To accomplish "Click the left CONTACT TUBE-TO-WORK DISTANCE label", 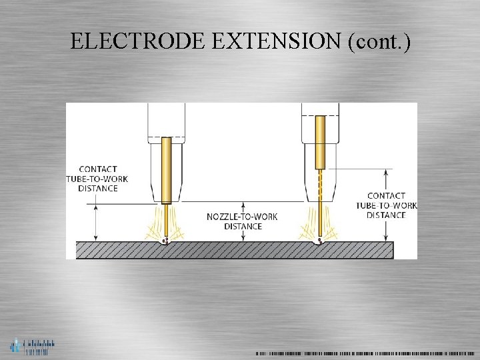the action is (x=97, y=179).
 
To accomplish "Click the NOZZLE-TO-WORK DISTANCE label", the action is (x=242, y=221).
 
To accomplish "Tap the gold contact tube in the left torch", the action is (x=167, y=170).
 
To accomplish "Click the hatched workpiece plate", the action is (x=233, y=250).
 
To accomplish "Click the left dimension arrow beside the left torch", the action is (x=97, y=222).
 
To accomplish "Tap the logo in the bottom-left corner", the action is (x=32, y=347).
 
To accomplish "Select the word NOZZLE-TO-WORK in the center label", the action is (x=242, y=217).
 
